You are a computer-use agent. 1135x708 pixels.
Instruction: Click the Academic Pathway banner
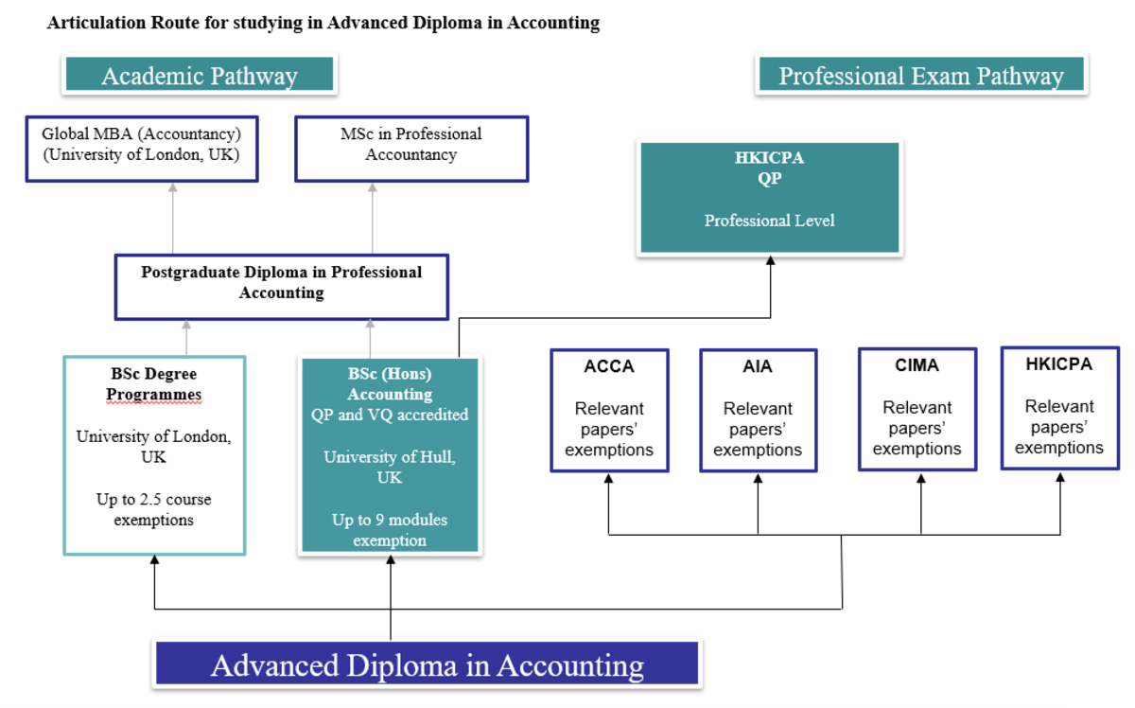point(199,76)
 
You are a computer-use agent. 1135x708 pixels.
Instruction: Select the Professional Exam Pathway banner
point(920,76)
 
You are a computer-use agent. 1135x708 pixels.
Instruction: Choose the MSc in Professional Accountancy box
point(410,148)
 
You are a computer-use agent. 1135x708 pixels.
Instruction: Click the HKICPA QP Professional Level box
point(770,198)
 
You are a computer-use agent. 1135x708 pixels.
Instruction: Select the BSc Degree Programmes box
point(154,454)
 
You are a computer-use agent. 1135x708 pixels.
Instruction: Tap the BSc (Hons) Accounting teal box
point(390,454)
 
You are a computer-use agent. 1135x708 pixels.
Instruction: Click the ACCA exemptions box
point(609,410)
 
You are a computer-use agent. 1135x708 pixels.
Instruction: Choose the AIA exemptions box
point(758,410)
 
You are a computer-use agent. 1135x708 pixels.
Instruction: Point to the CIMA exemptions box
point(917,409)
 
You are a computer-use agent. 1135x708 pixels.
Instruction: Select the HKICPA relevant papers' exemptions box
point(1059,408)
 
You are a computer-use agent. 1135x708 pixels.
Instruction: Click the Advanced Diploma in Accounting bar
point(426,664)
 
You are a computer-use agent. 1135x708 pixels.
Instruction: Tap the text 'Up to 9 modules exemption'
point(390,530)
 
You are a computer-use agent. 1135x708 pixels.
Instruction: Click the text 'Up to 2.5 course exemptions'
point(154,509)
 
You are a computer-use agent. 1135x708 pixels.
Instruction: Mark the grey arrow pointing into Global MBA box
point(173,188)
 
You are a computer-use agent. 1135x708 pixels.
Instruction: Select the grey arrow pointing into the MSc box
point(372,188)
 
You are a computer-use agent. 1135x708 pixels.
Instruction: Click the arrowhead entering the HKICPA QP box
point(770,261)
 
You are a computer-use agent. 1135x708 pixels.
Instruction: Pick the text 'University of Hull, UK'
point(390,467)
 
